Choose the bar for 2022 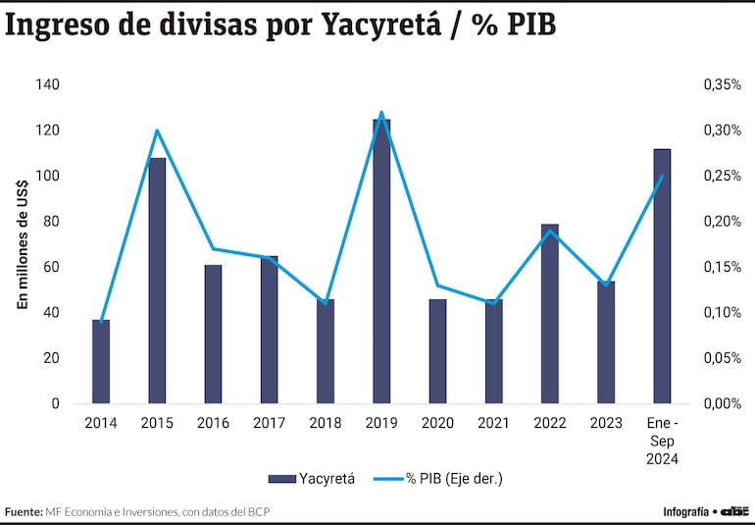550,313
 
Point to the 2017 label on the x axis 269,423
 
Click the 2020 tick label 437,423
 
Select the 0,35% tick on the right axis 722,85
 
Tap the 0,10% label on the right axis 722,313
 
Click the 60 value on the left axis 50,267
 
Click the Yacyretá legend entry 313,478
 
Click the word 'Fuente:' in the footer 24,511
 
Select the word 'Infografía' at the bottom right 685,511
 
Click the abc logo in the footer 735,510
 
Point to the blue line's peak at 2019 381,113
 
